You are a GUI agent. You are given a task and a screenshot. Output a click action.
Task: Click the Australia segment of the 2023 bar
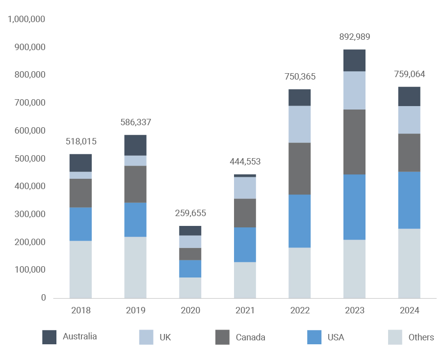(x=354, y=60)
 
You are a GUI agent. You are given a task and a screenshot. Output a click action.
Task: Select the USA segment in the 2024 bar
(x=409, y=200)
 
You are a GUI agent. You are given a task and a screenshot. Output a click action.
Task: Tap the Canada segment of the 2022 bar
(x=299, y=168)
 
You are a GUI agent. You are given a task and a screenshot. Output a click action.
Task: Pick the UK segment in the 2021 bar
(x=245, y=188)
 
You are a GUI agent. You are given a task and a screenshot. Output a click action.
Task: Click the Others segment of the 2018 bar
(x=80, y=269)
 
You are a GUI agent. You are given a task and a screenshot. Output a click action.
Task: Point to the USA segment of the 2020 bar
(x=190, y=269)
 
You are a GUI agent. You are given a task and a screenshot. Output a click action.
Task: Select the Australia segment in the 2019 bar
(x=135, y=145)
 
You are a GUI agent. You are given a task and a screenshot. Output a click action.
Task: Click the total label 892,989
(x=355, y=37)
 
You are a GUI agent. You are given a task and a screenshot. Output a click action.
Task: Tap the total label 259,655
(x=190, y=213)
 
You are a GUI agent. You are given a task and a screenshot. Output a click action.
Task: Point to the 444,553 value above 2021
(x=245, y=162)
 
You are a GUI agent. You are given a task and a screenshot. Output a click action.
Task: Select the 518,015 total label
(x=81, y=141)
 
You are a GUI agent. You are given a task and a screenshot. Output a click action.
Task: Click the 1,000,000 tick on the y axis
(x=26, y=19)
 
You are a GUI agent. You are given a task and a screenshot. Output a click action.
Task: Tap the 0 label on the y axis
(x=43, y=298)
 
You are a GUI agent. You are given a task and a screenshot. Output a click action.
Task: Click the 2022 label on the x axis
(x=300, y=310)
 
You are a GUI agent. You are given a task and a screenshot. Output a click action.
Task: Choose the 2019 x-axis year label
(x=135, y=310)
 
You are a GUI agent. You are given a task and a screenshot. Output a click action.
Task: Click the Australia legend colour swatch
(x=50, y=337)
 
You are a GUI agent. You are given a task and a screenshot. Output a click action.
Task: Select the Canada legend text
(x=250, y=337)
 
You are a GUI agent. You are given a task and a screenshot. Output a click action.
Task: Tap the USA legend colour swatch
(x=314, y=337)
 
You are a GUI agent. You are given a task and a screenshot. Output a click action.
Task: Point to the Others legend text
(x=421, y=337)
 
